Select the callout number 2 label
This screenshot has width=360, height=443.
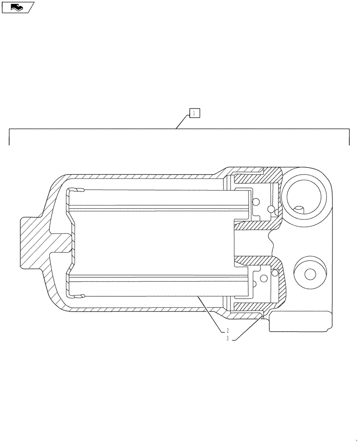tap(227, 330)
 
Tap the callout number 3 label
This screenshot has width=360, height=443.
tap(227, 339)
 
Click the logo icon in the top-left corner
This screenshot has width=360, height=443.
tap(17, 7)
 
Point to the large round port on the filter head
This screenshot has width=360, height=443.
tap(305, 194)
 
